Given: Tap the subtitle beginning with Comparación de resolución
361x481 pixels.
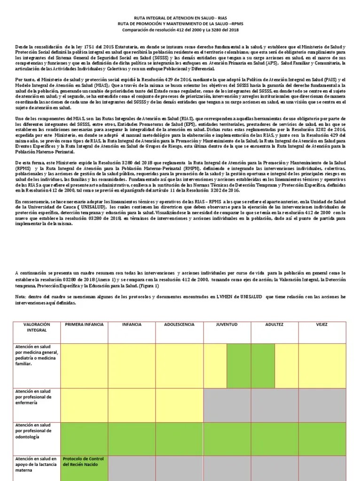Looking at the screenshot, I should [180, 30].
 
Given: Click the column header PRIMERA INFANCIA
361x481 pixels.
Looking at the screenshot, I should [84, 325].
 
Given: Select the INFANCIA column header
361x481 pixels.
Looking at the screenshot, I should [132, 325].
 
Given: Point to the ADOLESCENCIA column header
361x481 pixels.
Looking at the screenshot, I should [179, 325].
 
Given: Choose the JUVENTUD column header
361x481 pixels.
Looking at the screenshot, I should [227, 325].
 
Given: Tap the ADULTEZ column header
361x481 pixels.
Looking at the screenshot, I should [275, 325].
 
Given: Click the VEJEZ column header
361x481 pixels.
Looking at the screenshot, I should [322, 325].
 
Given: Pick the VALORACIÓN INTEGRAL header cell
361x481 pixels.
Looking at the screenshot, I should [37, 327].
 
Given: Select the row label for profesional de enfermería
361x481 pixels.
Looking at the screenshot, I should [37, 397].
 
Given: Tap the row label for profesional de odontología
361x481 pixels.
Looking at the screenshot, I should [37, 431].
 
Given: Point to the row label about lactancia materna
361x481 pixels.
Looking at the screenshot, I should [37, 464].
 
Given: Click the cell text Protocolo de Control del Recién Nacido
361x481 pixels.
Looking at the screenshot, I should [84, 462].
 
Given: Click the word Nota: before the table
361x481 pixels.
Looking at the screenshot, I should [21, 296].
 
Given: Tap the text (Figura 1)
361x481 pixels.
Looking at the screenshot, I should [149, 286].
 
